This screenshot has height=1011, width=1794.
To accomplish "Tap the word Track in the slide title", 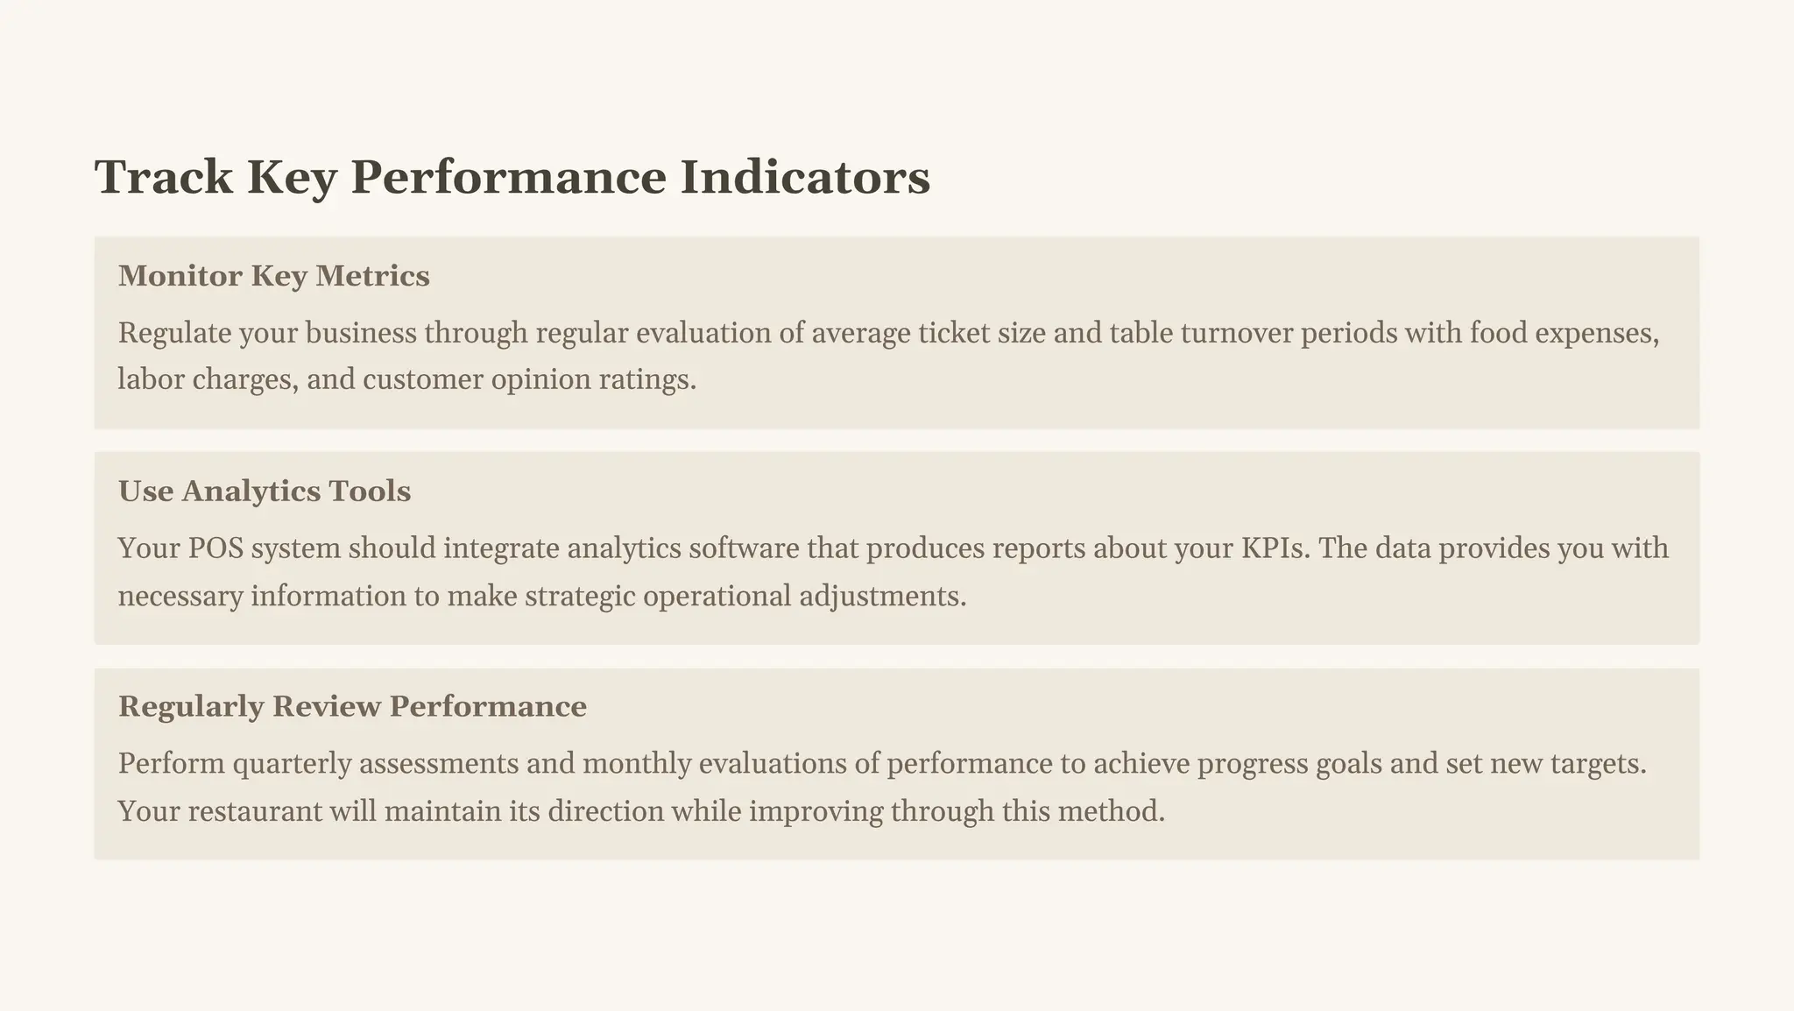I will pyautogui.click(x=164, y=177).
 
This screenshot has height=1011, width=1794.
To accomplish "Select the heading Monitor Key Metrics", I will pyautogui.click(x=274, y=276).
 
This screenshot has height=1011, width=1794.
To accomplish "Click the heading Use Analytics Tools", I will pyautogui.click(x=265, y=491).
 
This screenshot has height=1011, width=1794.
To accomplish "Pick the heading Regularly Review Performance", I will pyautogui.click(x=352, y=706).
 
